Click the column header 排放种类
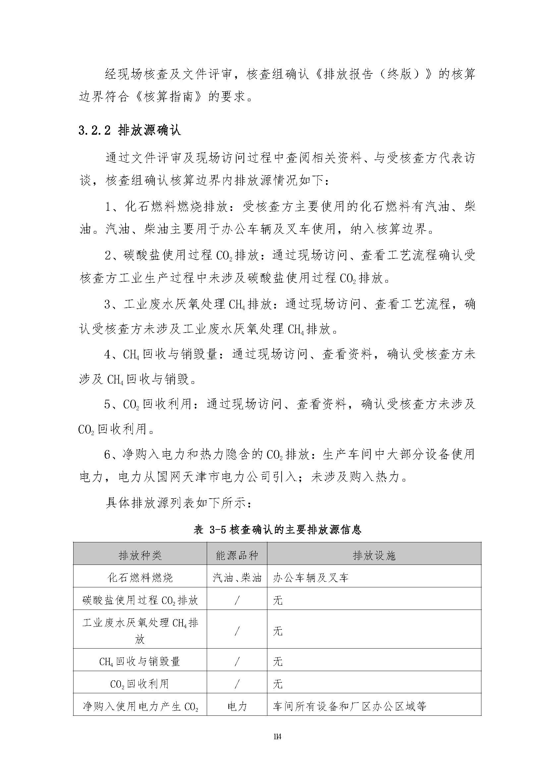(140, 555)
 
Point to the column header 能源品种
(237, 555)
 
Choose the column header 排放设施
(374, 555)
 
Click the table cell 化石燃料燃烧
(140, 577)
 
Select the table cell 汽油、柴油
(237, 577)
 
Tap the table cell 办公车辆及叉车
(310, 577)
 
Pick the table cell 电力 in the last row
(237, 697)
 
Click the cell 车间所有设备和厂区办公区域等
(349, 697)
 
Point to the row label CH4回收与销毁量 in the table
(140, 661)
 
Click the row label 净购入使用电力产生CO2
(140, 697)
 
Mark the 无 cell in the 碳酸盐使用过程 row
(278, 600)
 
